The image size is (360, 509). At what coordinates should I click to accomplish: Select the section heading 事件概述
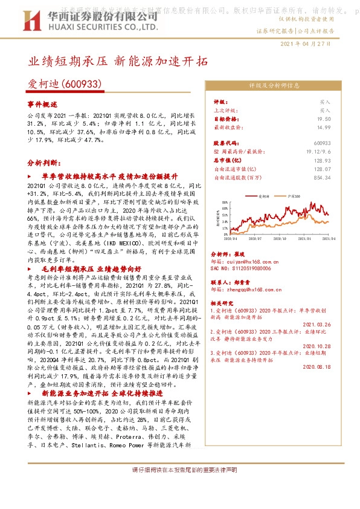[x=42, y=105]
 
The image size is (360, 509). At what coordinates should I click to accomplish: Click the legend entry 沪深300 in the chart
[x=296, y=197]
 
